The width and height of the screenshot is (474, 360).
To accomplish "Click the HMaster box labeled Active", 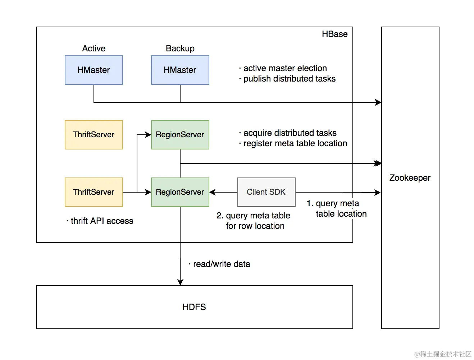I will coord(94,70).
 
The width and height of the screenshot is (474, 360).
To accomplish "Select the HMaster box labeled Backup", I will coord(180,70).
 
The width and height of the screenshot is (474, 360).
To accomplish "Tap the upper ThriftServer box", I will coord(94,135).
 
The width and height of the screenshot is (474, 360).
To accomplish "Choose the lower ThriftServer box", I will coord(94,192).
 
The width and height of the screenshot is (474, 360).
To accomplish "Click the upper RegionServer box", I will coord(180,135).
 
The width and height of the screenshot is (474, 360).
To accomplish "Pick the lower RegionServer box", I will coord(180,192).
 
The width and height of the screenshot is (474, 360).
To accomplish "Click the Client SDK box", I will coord(266,192).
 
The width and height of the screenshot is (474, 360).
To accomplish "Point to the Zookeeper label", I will coord(410,178).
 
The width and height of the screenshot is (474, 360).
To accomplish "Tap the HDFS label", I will coord(194,307).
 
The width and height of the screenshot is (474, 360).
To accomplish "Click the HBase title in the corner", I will coord(334,34).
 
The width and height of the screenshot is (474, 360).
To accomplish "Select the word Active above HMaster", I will coord(94,49).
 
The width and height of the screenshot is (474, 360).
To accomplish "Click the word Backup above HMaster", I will coord(180,49).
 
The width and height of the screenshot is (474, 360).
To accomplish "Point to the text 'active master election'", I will coord(285,68).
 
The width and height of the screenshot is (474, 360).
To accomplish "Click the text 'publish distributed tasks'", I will coord(289,79).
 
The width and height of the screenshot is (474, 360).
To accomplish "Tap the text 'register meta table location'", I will coord(295,143).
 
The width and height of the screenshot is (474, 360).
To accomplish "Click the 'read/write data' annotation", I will coord(221,264).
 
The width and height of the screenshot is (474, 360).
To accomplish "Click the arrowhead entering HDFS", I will coord(180,282).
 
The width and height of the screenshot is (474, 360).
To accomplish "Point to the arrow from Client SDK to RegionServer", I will coord(223,192).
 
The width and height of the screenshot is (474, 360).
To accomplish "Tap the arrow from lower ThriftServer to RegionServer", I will coord(137,192).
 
